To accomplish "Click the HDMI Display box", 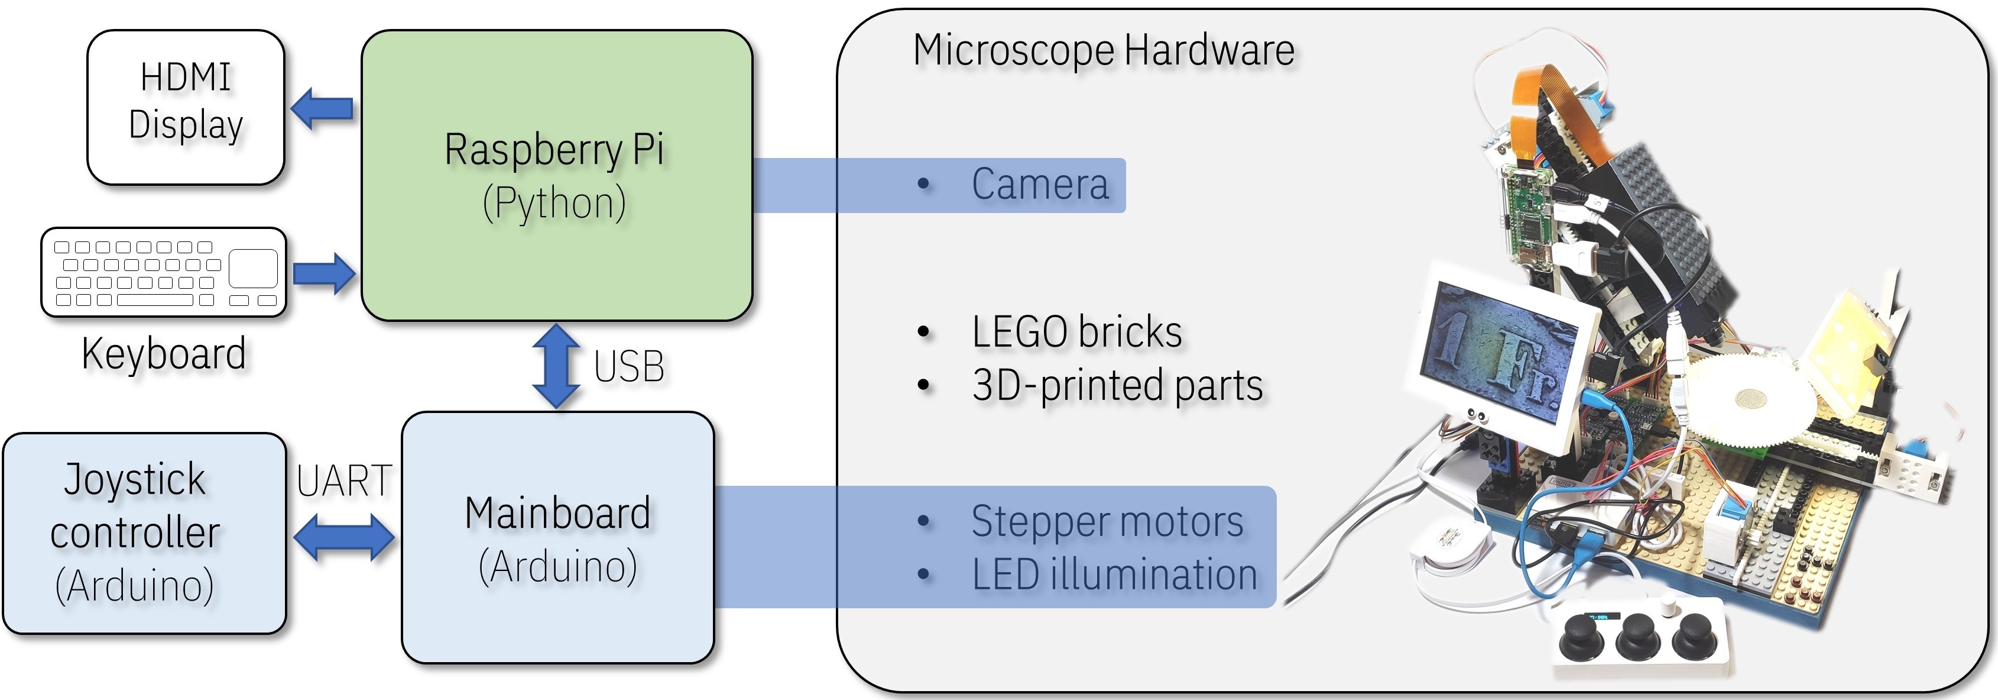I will click(186, 107).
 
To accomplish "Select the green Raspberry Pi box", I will click(556, 175).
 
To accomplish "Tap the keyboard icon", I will click(164, 272).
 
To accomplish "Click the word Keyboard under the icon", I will click(164, 354).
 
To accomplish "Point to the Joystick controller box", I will click(144, 533).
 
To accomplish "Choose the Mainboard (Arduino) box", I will click(557, 538).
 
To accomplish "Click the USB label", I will click(629, 367).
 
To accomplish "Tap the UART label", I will click(343, 481).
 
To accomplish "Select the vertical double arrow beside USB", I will click(556, 366).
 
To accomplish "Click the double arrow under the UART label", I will click(343, 537).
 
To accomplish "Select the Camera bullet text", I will click(1039, 185).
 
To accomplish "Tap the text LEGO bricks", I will click(1076, 332).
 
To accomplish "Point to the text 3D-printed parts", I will click(1117, 386).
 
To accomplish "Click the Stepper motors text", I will click(1107, 521).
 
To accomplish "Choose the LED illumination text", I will click(1114, 575).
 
